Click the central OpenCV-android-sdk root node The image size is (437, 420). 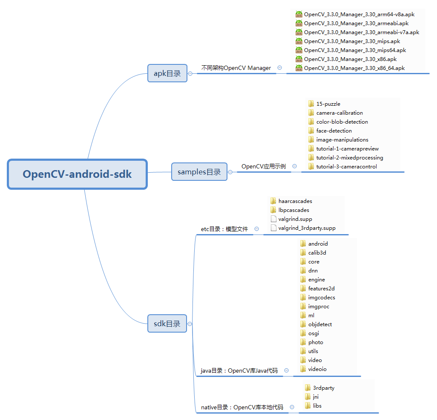click(x=77, y=174)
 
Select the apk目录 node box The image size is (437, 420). click(x=167, y=73)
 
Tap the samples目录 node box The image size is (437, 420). click(x=199, y=172)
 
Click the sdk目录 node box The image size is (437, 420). click(x=167, y=324)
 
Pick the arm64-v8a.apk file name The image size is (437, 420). click(x=359, y=14)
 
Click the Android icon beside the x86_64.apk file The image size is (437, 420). click(x=299, y=68)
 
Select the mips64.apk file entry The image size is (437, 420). click(x=355, y=50)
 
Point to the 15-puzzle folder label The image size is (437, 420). click(x=328, y=104)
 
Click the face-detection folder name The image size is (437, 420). click(x=334, y=131)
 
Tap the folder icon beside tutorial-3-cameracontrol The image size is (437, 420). click(x=311, y=167)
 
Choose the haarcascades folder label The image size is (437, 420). click(x=295, y=201)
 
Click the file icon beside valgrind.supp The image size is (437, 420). click(x=273, y=219)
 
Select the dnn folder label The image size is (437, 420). click(x=313, y=271)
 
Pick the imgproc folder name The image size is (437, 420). click(x=319, y=307)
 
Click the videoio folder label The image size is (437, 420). click(x=317, y=369)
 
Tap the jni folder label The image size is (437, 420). click(x=316, y=397)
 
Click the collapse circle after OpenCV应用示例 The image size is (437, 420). click(x=294, y=167)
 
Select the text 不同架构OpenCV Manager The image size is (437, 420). click(x=236, y=68)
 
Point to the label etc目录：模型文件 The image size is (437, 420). click(x=224, y=229)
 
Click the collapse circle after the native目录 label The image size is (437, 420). click(x=292, y=407)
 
